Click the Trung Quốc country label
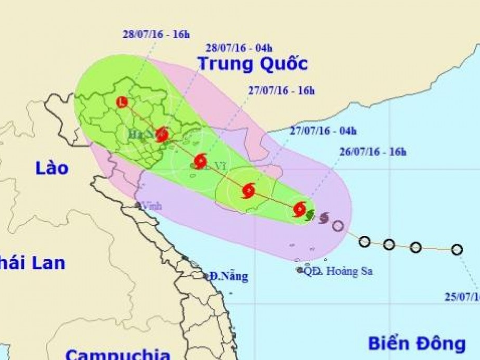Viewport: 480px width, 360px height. coord(253,64)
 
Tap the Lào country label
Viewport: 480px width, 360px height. coord(52,168)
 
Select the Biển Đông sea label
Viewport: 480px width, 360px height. coord(417,344)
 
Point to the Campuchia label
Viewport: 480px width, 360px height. coord(118,354)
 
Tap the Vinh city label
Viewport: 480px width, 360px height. coord(151,206)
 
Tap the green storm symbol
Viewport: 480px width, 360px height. coord(310,215)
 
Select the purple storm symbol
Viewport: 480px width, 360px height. coord(324,217)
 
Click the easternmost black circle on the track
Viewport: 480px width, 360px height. coord(456,250)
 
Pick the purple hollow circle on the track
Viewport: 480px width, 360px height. coord(338,226)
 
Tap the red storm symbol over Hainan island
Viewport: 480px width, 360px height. coord(248,190)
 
